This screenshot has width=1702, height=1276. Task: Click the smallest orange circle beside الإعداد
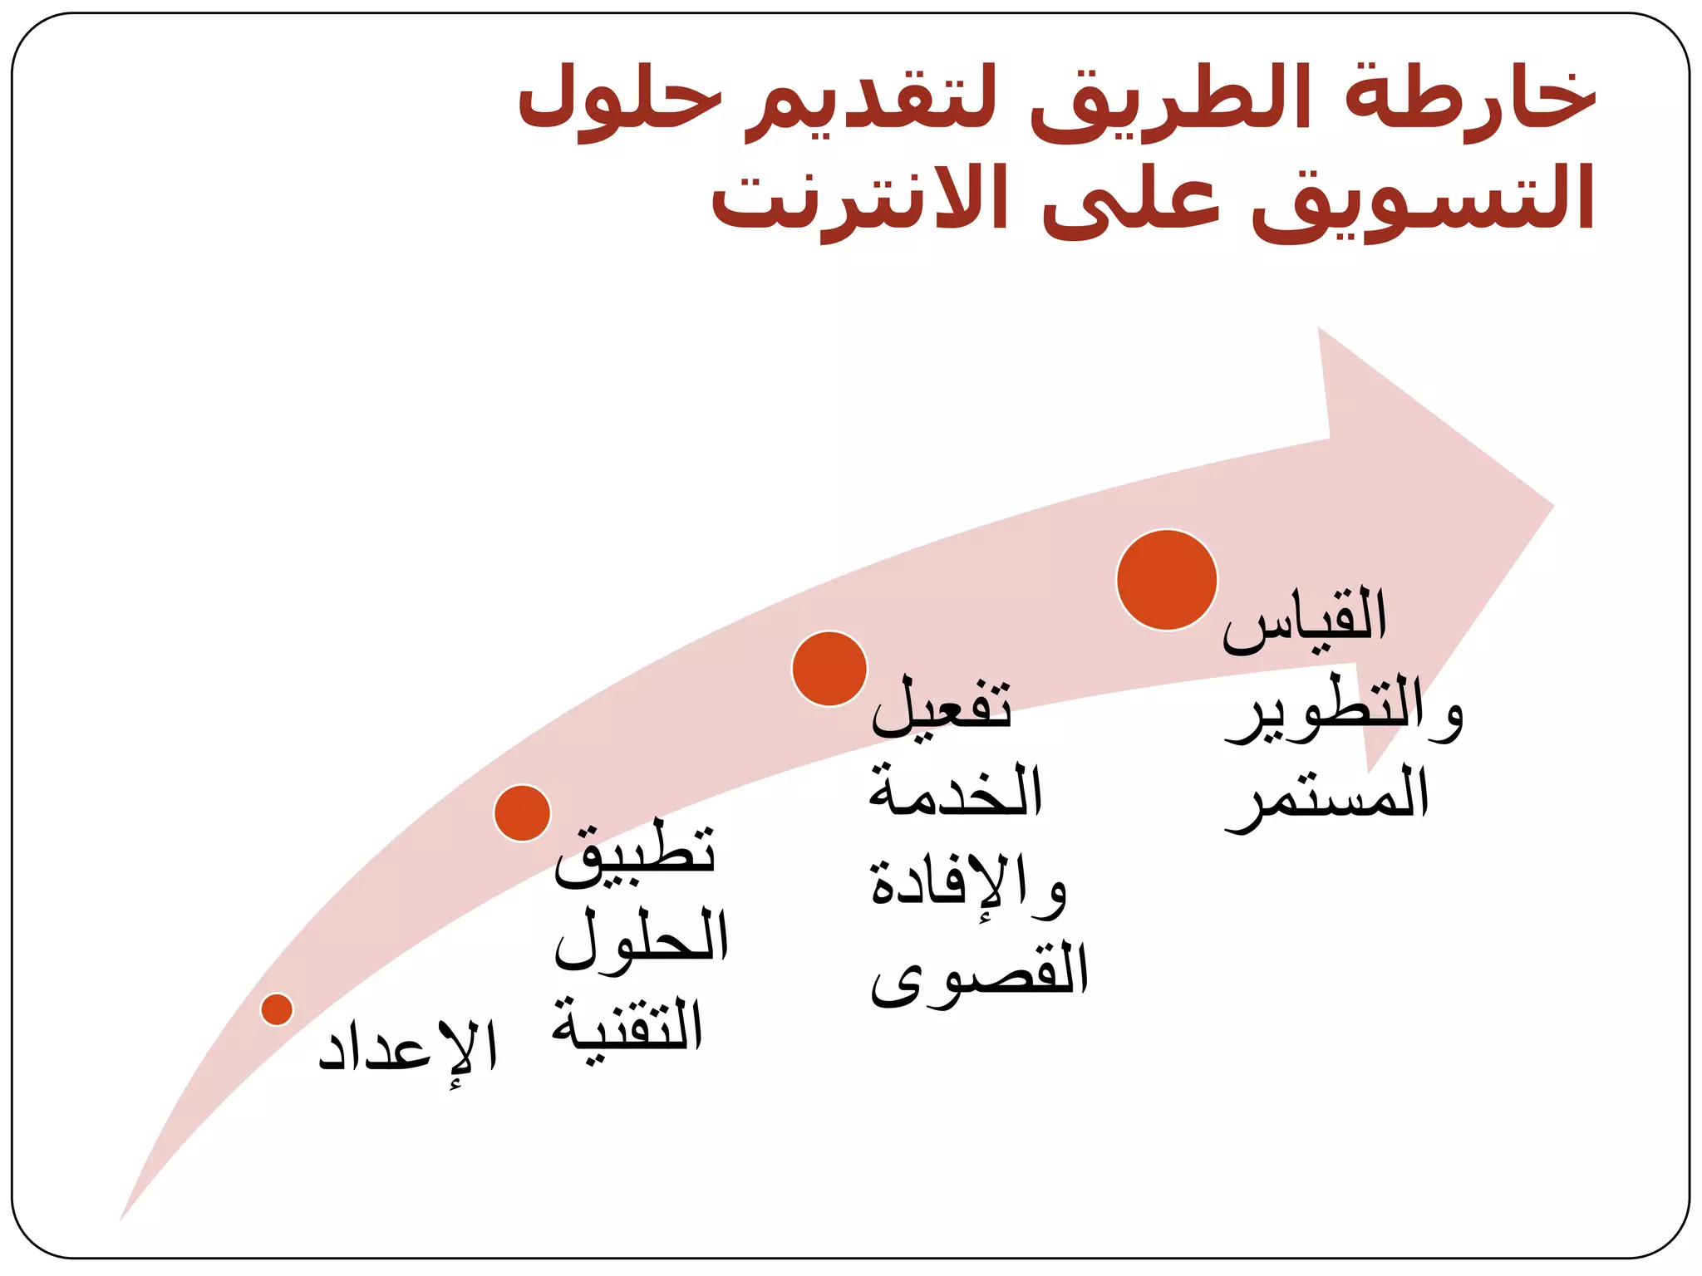click(277, 1009)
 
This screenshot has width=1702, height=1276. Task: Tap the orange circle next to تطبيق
click(522, 812)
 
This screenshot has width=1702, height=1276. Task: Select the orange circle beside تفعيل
click(829, 669)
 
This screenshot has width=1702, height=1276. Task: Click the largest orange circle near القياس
click(1167, 580)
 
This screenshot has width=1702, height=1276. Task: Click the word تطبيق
click(635, 856)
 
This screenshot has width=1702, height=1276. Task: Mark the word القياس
click(1305, 619)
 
